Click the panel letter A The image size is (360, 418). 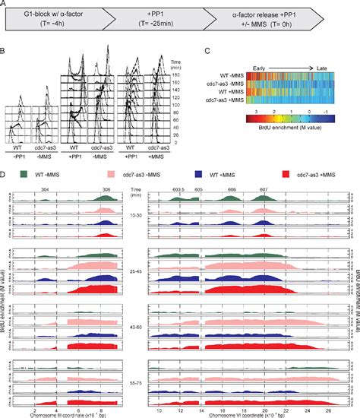(x=5, y=5)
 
